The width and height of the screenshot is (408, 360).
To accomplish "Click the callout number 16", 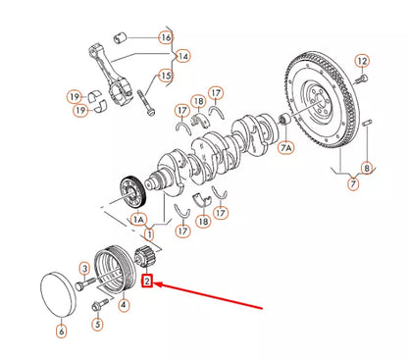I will (166, 37).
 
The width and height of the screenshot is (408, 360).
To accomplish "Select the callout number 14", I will (182, 56).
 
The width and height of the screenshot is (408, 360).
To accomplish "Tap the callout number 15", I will (166, 76).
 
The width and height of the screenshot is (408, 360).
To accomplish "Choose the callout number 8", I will (365, 167).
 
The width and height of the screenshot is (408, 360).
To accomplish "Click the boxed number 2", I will (148, 282).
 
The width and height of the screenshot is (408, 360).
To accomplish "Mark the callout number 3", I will (85, 269).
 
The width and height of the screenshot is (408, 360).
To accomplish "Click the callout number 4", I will (124, 305).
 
